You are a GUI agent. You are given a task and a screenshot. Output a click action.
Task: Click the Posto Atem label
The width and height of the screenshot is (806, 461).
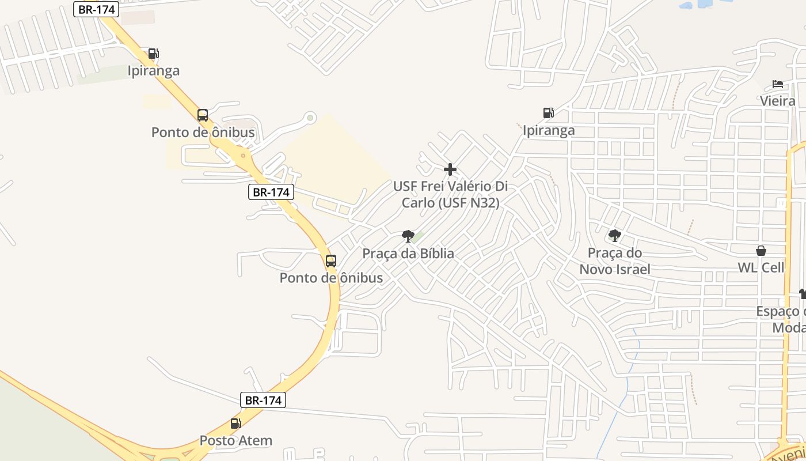(235, 441)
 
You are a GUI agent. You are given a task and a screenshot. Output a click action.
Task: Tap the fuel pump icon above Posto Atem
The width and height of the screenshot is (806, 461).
(235, 424)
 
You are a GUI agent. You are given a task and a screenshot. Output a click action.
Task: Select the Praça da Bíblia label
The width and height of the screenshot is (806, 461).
(408, 254)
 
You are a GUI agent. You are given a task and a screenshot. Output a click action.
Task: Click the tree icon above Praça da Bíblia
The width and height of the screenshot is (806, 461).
(408, 236)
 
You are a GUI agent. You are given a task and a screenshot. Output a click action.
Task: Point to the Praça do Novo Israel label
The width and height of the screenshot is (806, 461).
(615, 261)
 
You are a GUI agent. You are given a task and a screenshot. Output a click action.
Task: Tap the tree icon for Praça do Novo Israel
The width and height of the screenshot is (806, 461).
(615, 235)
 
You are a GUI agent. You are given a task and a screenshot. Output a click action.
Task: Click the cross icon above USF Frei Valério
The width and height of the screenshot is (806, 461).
(450, 169)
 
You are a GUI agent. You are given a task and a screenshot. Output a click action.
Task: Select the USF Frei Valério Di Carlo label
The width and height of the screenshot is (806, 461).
(450, 195)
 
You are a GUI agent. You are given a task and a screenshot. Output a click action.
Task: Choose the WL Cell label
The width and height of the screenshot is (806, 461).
(761, 268)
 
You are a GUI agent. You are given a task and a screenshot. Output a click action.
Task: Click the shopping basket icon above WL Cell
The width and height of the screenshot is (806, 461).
(761, 251)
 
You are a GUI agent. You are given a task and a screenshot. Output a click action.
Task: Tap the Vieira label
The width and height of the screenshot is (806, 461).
(777, 101)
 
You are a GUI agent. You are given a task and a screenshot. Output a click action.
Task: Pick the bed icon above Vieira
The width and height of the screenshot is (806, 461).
(778, 84)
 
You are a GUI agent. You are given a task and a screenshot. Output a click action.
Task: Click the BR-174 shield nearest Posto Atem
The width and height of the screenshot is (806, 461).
(263, 400)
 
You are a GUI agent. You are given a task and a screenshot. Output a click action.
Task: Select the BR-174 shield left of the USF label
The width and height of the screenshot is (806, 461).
(271, 192)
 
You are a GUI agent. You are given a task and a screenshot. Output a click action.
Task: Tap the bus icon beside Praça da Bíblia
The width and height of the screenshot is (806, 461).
(331, 260)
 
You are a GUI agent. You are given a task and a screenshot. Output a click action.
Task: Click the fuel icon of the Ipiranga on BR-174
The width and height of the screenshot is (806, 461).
(153, 54)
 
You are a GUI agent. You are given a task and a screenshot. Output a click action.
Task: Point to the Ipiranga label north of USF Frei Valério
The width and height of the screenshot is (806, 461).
(548, 131)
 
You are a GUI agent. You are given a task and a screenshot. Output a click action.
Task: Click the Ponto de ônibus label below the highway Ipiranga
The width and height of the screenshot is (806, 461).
(203, 133)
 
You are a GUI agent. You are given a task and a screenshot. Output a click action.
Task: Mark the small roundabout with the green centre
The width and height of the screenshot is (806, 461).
(310, 118)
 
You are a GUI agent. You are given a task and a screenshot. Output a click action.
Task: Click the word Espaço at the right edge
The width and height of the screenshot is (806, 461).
(780, 312)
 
